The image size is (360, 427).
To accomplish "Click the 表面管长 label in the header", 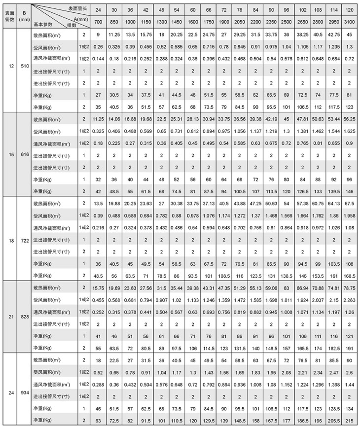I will click(76, 8).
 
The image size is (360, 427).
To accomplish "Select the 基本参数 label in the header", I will click(43, 23).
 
